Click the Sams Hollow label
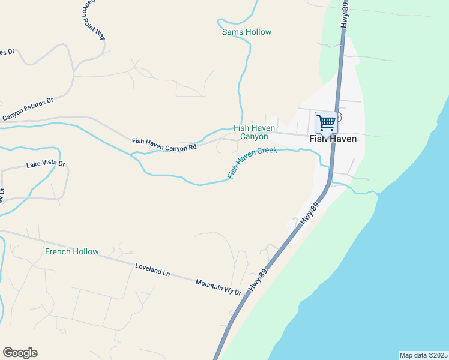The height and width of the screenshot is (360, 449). pyautogui.click(x=247, y=32)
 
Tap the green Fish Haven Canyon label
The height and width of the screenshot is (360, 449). pyautogui.click(x=254, y=133)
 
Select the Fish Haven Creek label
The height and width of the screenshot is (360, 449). pyautogui.click(x=252, y=163)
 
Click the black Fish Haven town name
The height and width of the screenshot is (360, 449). pyautogui.click(x=333, y=139)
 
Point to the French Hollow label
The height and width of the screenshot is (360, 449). pyautogui.click(x=71, y=251)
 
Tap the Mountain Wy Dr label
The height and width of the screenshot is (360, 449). pyautogui.click(x=218, y=287)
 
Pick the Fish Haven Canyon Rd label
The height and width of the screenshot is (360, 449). pyautogui.click(x=164, y=144)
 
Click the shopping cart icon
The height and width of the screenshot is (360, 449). pyautogui.click(x=326, y=122)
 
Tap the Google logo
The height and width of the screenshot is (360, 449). pyautogui.click(x=20, y=353)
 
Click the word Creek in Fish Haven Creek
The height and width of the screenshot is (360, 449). pyautogui.click(x=267, y=151)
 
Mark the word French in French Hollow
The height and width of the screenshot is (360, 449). pyautogui.click(x=58, y=251)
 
